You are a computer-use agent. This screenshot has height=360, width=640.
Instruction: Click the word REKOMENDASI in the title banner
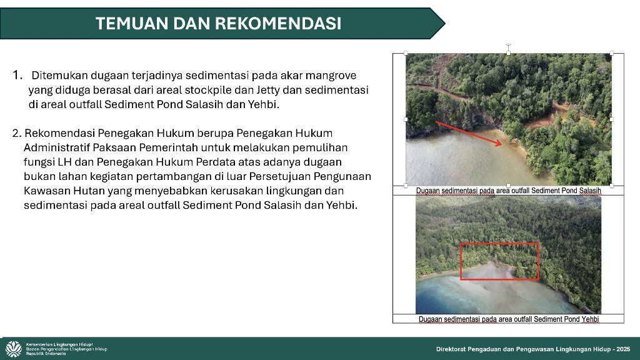(x=278, y=23)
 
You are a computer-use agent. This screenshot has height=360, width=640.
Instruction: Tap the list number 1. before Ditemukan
(x=17, y=75)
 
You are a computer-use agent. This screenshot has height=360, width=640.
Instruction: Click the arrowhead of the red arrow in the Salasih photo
(x=498, y=142)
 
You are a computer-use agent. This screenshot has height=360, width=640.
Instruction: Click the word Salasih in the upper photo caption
(x=590, y=191)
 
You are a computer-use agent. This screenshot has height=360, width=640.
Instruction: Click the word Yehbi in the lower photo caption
(x=590, y=319)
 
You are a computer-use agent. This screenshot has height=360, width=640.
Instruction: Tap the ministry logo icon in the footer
(x=14, y=349)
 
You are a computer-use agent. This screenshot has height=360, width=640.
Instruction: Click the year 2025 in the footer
(x=623, y=349)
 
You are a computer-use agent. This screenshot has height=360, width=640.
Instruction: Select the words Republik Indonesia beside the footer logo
(x=46, y=354)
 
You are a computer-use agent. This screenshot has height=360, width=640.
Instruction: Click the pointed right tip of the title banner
(x=445, y=23)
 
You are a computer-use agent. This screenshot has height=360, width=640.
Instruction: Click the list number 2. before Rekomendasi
(x=17, y=134)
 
